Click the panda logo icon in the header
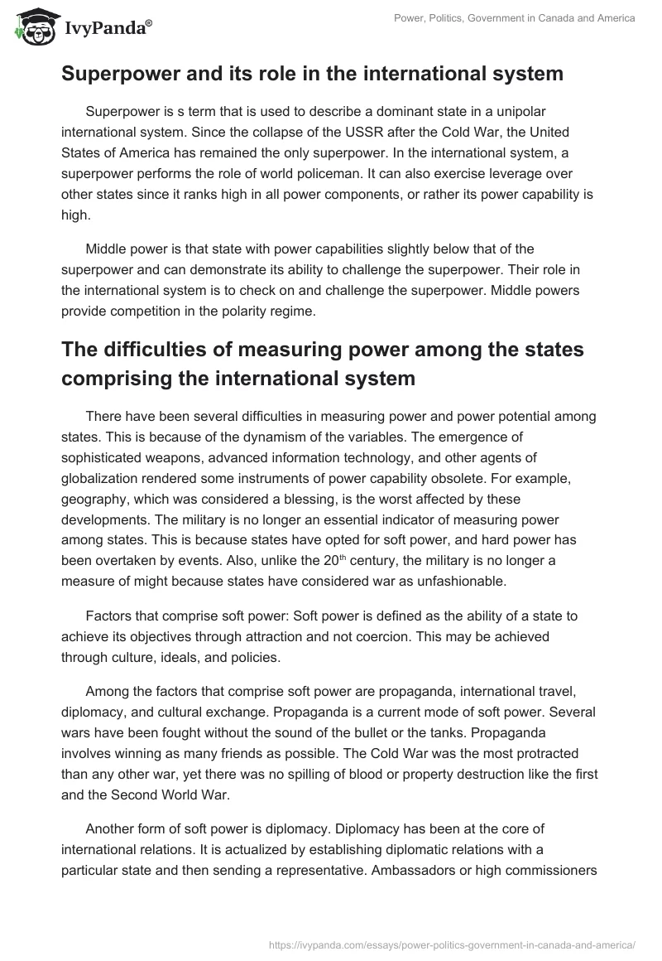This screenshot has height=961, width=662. tap(32, 27)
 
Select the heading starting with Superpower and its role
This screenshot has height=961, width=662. tap(312, 74)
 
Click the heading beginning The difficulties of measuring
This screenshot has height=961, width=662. tap(323, 362)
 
